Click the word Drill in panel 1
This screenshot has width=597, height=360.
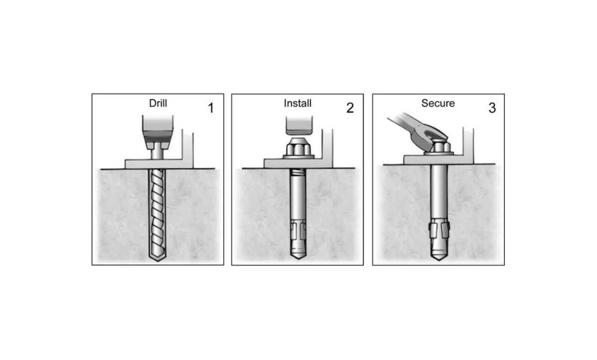[158, 104]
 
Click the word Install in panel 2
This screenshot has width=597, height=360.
[298, 104]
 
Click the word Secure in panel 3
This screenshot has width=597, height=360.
[438, 103]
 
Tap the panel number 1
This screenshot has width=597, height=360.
[210, 108]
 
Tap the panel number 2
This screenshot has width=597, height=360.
[350, 108]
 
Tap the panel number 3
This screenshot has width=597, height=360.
[492, 108]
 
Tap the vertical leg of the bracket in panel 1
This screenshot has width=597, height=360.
[187, 147]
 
